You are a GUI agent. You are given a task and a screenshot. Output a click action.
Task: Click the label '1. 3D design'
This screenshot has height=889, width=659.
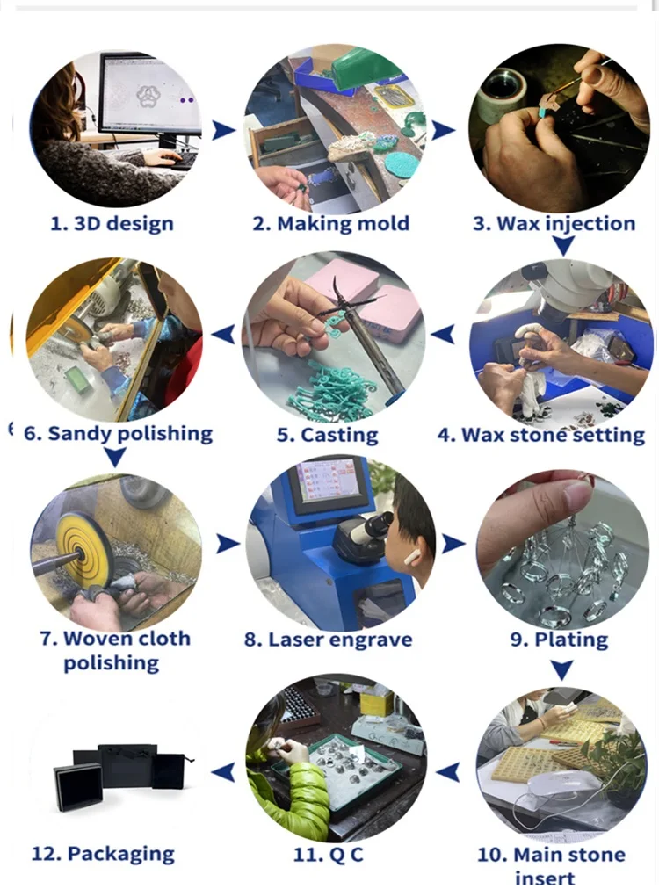[112, 223]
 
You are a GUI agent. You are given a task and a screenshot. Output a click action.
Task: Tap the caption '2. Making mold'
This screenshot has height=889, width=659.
[331, 223]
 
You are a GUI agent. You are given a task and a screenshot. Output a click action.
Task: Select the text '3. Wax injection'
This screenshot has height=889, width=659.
[554, 223]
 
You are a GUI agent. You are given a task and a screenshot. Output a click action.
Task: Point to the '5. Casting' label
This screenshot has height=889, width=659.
[327, 435]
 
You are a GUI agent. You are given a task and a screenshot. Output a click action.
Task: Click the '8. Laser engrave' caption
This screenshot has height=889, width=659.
[329, 640]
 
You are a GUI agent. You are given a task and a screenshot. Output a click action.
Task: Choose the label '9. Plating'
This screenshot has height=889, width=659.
[559, 640]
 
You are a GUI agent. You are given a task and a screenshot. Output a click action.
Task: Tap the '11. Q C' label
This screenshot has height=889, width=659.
[329, 855]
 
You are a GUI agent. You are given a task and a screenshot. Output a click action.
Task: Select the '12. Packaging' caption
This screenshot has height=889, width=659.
[103, 854]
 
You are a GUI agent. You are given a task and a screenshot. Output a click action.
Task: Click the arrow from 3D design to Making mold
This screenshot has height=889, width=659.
[223, 130]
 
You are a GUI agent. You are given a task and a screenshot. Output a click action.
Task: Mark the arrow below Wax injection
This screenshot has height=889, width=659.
[563, 245]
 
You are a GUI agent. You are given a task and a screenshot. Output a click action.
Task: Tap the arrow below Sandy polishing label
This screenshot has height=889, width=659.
[116, 457]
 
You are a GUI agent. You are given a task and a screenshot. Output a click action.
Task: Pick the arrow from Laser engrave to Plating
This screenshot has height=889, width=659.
[453, 544]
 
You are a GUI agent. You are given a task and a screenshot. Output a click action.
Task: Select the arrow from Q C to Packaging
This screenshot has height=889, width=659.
[223, 772]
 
